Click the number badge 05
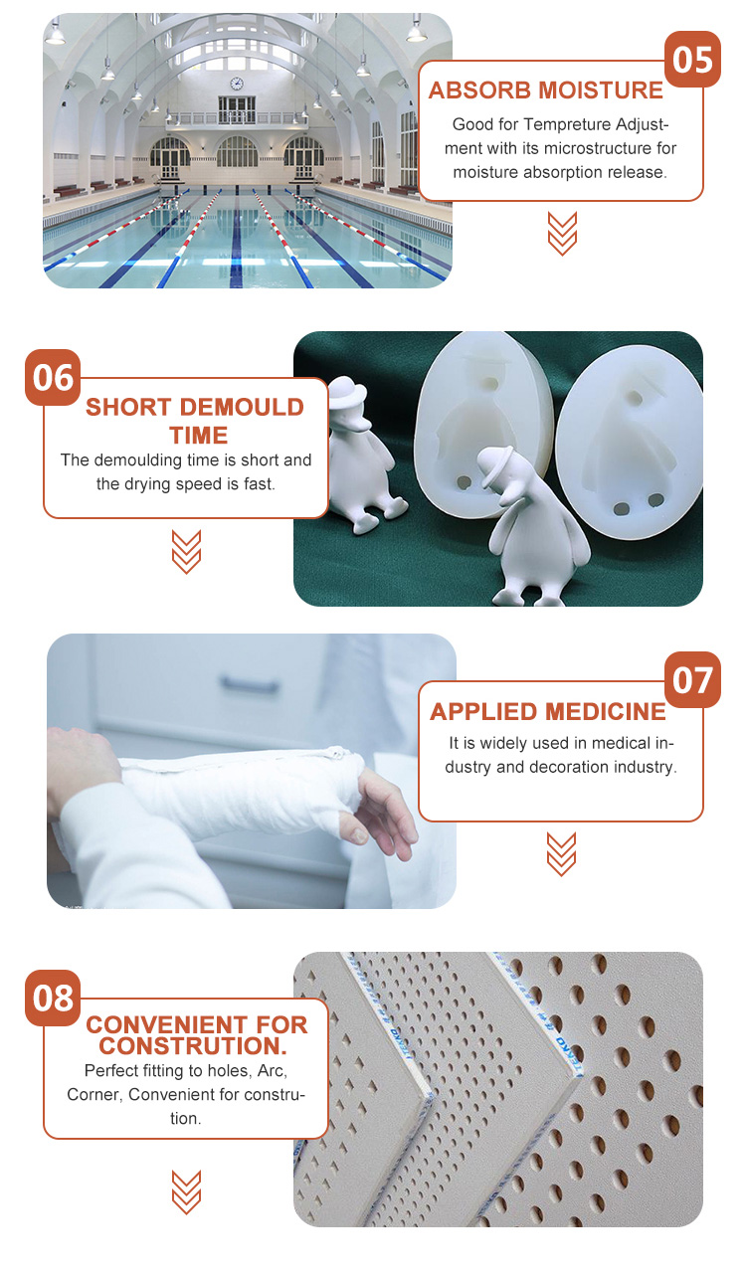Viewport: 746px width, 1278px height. pyautogui.click(x=692, y=60)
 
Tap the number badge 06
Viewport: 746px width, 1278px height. pyautogui.click(x=53, y=378)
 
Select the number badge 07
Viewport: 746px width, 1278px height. pyautogui.click(x=692, y=680)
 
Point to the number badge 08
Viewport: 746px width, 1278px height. pyautogui.click(x=53, y=998)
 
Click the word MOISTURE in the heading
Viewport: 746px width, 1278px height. pyautogui.click(x=601, y=91)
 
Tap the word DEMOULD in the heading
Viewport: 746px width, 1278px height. pyautogui.click(x=242, y=408)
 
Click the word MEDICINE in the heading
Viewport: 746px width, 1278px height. pyautogui.click(x=605, y=711)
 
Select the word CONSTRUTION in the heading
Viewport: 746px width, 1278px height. pyautogui.click(x=192, y=1046)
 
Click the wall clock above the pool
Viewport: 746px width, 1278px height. pyautogui.click(x=237, y=84)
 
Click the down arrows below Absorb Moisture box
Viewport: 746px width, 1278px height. pyautogui.click(x=562, y=234)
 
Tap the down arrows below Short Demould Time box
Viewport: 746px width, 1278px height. pyautogui.click(x=186, y=552)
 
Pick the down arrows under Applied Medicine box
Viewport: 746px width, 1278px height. pyautogui.click(x=562, y=854)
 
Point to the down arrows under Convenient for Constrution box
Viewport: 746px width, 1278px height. pyautogui.click(x=186, y=1191)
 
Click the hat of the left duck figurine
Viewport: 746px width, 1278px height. pyautogui.click(x=347, y=391)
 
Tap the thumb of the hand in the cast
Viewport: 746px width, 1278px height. pyautogui.click(x=355, y=827)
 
